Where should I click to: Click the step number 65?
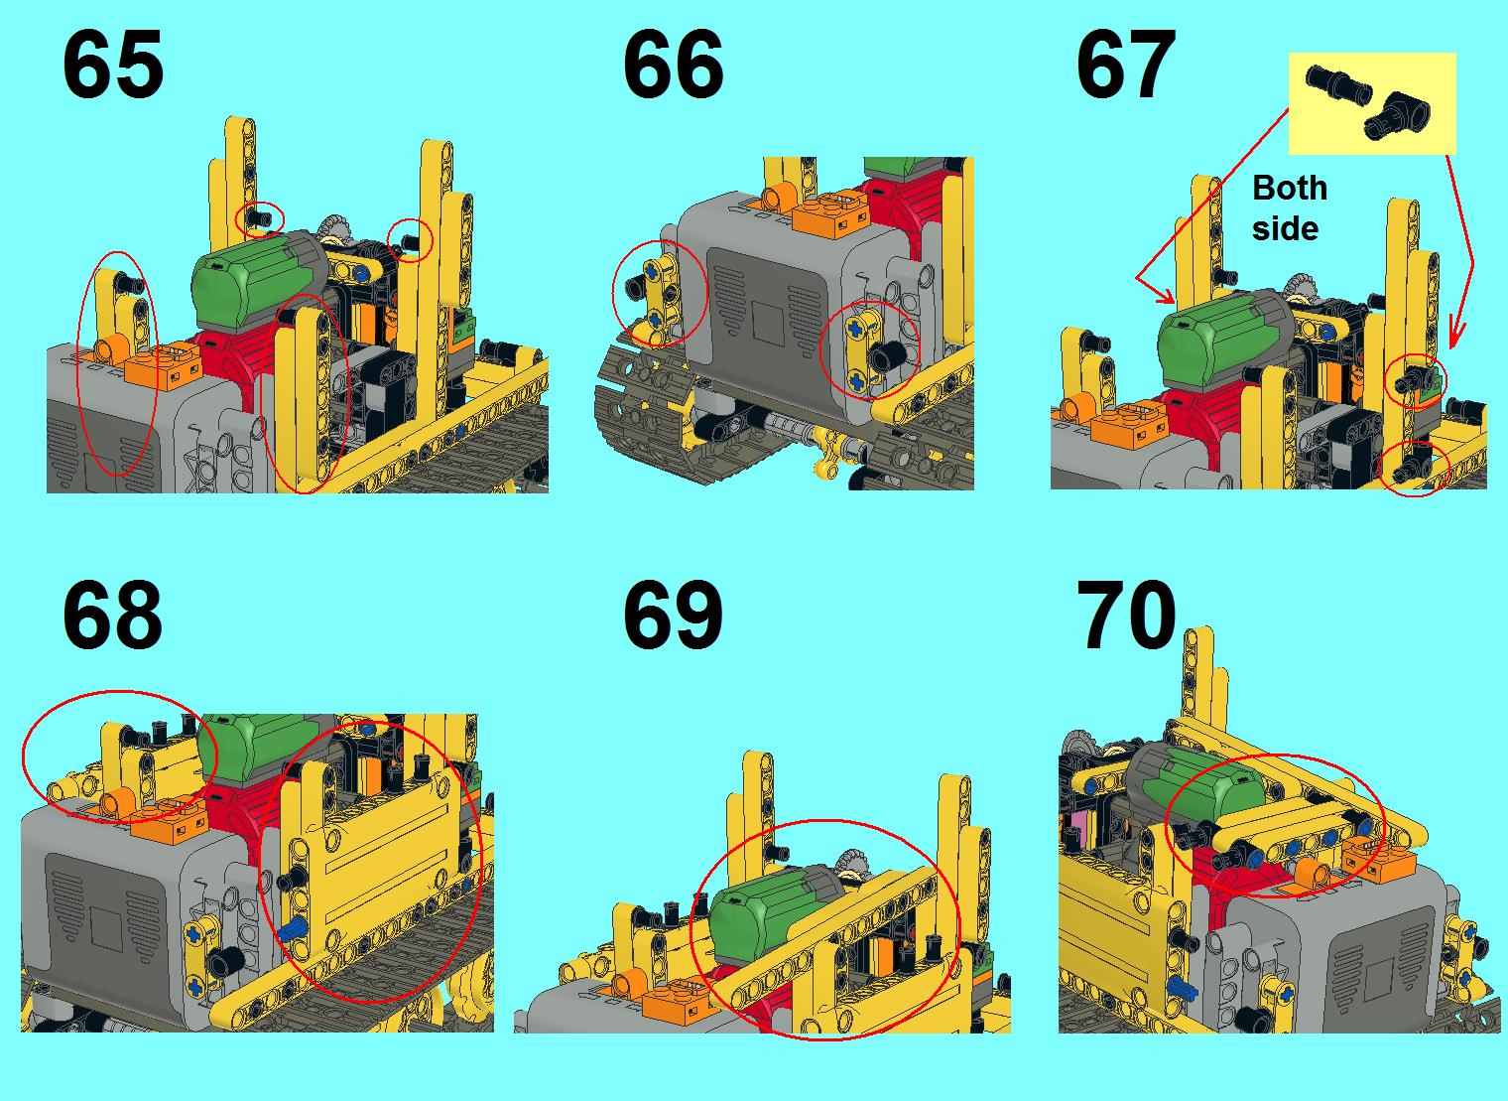tap(112, 66)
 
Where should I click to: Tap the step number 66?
tap(673, 66)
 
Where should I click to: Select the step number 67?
tap(1126, 66)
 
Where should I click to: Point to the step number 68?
tap(112, 615)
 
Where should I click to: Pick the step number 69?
tap(673, 615)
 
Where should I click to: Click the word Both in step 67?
tap(1289, 188)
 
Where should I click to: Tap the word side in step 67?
tap(1285, 228)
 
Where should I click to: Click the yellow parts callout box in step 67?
tap(1372, 104)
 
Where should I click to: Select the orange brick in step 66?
tap(830, 216)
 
